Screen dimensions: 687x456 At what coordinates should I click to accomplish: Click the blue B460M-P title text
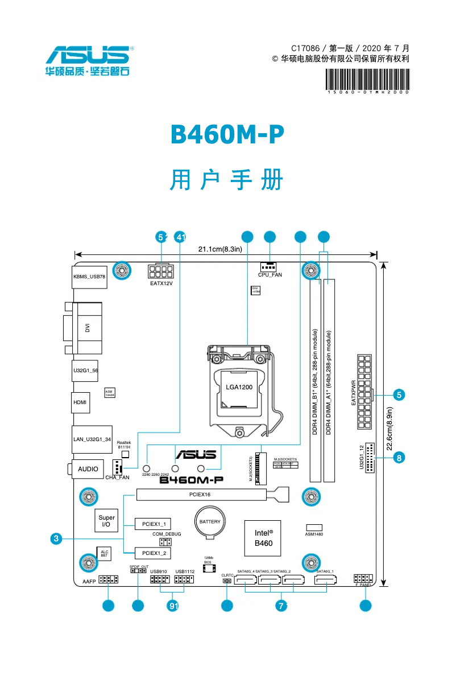point(227,135)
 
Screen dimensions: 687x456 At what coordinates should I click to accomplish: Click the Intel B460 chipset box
point(263,538)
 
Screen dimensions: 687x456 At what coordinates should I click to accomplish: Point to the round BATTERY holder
point(210,522)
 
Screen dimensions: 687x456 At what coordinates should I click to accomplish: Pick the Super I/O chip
point(106,521)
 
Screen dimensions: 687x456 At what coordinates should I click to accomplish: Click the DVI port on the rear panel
point(87,328)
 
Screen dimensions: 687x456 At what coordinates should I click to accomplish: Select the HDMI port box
point(80,402)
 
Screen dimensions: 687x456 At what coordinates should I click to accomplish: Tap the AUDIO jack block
point(88,469)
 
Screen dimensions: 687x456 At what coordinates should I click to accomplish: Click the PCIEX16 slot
point(200,495)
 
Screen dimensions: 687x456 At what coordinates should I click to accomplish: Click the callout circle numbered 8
point(399,457)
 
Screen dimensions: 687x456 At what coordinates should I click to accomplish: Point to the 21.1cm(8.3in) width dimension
point(220,249)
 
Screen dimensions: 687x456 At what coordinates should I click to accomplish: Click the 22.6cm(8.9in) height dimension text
point(389,428)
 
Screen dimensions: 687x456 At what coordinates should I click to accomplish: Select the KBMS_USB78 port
point(89,277)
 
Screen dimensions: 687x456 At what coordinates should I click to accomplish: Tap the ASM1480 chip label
point(314,534)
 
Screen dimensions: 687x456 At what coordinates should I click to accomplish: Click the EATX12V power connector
point(161,271)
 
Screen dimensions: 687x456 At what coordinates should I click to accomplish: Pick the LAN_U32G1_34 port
point(92,438)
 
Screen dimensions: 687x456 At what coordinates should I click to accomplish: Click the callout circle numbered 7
point(281,606)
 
